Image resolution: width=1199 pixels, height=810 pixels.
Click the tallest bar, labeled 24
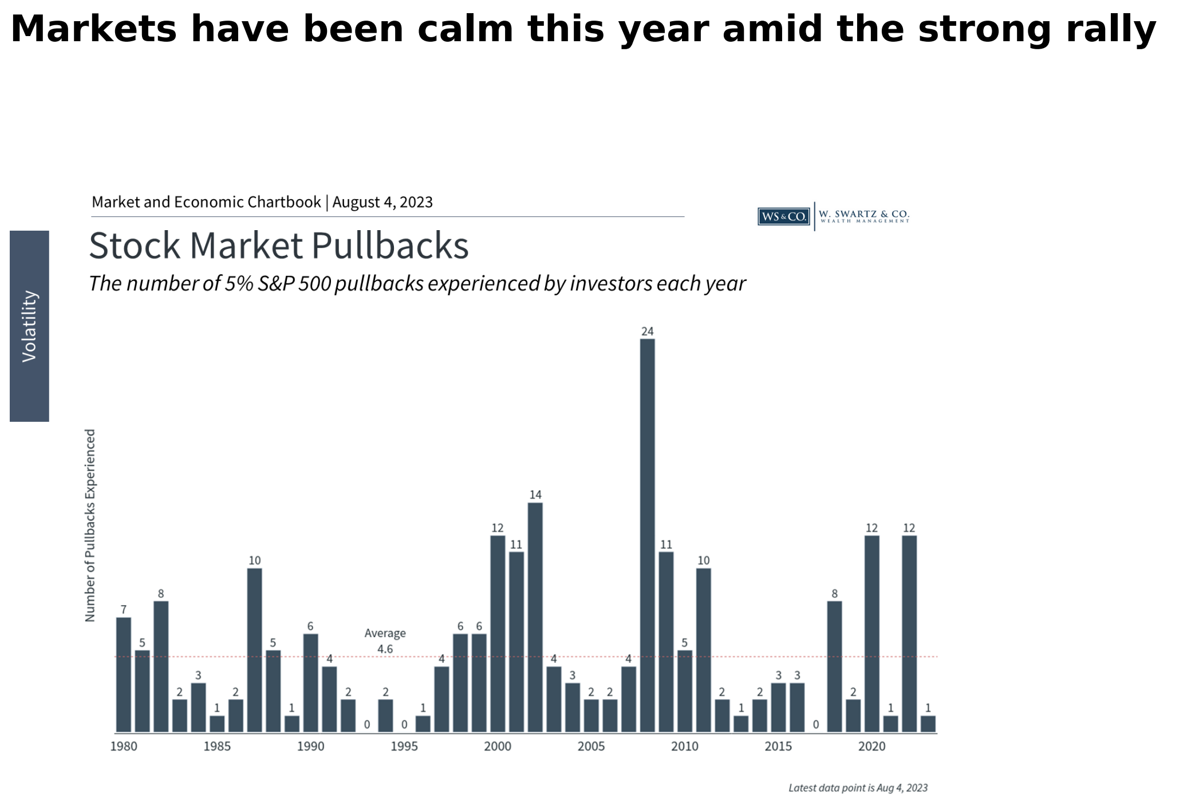[647, 535]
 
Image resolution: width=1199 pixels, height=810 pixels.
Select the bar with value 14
[535, 617]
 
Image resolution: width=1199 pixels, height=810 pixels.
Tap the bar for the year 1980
[124, 674]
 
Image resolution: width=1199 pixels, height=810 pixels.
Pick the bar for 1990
[310, 683]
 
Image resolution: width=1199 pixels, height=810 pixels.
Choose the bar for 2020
[871, 634]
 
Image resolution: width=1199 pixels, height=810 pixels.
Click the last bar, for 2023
[928, 724]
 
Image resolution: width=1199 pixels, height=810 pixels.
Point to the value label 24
[647, 331]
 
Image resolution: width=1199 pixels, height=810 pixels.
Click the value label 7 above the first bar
[124, 609]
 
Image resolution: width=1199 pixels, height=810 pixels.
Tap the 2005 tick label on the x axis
[591, 746]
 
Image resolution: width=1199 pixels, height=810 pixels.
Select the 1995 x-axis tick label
[404, 746]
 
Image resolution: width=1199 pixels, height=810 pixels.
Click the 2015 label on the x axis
[778, 746]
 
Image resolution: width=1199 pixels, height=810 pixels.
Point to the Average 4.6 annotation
[385, 641]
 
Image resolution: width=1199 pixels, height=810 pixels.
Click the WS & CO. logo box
[783, 216]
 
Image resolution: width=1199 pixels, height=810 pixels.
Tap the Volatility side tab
[29, 326]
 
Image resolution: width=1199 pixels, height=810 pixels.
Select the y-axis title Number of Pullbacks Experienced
[90, 525]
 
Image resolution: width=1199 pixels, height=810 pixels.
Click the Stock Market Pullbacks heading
[279, 246]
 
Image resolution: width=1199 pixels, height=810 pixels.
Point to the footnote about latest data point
[858, 788]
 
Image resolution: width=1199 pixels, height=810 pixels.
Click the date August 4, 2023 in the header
[382, 203]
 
